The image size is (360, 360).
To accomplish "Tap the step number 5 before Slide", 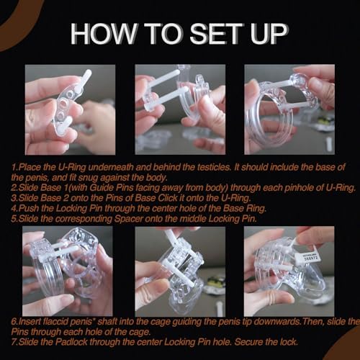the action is [x=13, y=219].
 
